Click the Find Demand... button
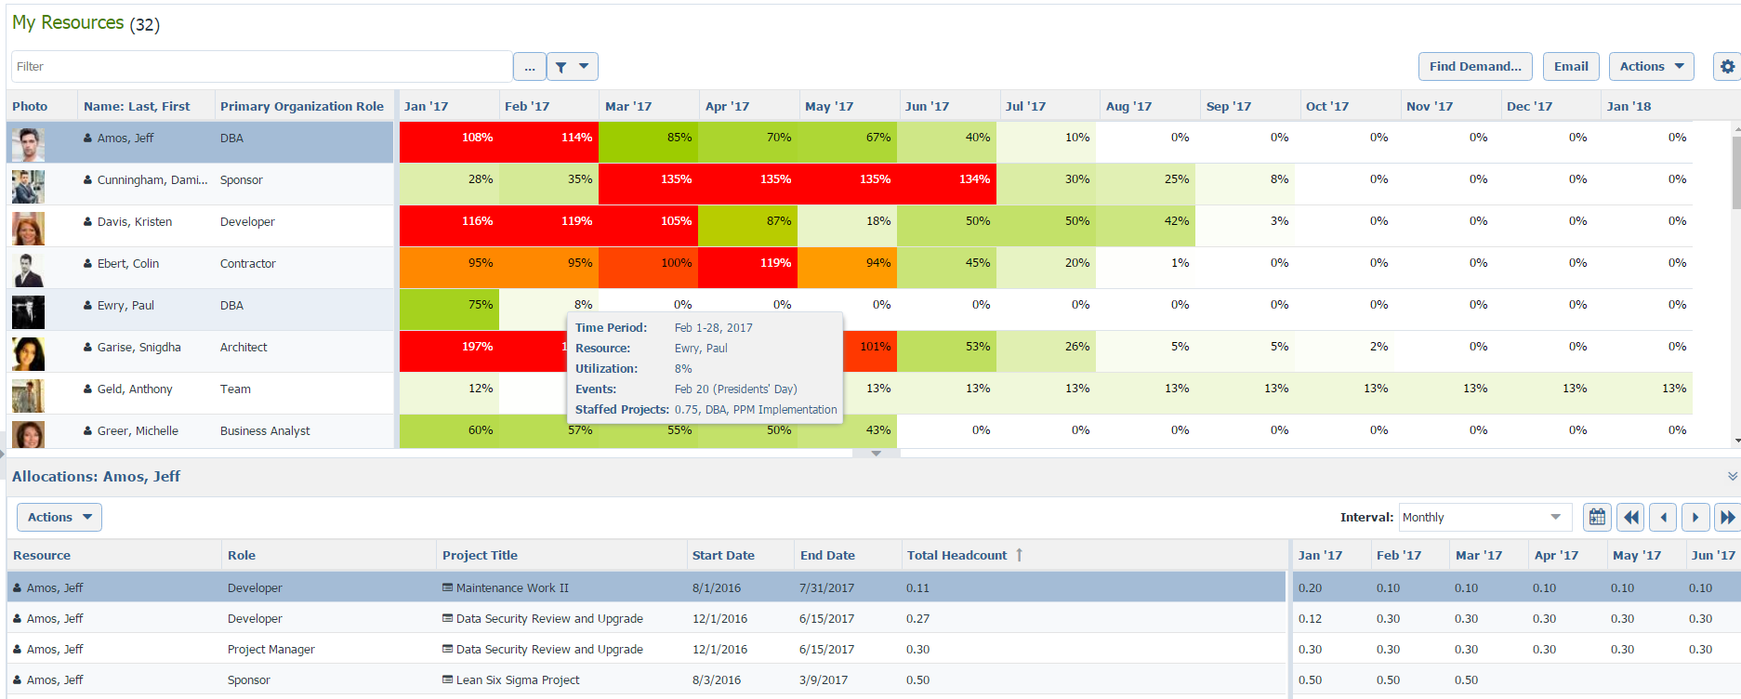[x=1474, y=66]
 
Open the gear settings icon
[x=1726, y=66]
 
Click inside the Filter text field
[x=260, y=66]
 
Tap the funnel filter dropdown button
[x=572, y=66]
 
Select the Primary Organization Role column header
[x=301, y=106]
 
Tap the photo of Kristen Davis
[x=28, y=228]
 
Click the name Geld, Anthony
[x=135, y=389]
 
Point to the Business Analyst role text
[x=265, y=431]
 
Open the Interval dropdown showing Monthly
[x=1484, y=517]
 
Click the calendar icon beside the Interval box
[x=1597, y=517]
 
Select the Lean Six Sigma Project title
[x=517, y=680]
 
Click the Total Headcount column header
[x=956, y=555]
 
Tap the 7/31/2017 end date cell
[x=826, y=588]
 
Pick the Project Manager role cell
[x=270, y=650]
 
